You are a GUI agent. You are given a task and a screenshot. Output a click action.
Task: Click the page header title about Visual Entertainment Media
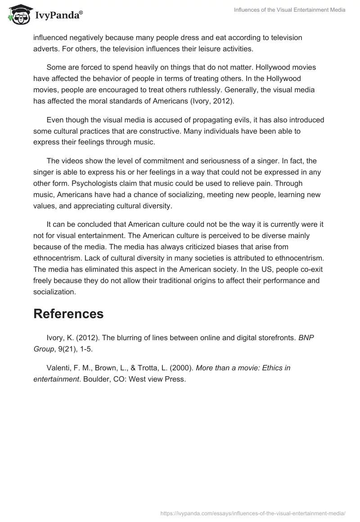click(x=290, y=10)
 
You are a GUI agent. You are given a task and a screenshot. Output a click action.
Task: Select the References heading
click(x=68, y=314)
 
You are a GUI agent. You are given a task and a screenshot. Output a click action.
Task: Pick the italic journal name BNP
click(x=306, y=337)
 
